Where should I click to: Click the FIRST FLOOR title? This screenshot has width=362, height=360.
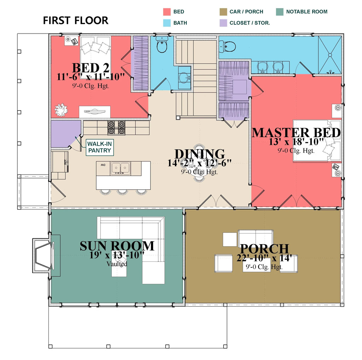[x=75, y=20]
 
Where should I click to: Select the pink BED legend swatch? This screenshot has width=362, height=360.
[x=167, y=12]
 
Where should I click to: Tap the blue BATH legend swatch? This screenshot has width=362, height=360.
[x=167, y=23]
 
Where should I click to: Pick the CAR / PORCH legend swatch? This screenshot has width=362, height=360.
[x=223, y=12]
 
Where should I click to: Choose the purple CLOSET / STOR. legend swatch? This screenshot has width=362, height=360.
[x=223, y=23]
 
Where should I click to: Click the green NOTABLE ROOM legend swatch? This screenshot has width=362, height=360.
[x=280, y=12]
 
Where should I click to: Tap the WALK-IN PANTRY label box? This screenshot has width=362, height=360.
[x=100, y=147]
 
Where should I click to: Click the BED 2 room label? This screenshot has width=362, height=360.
[x=90, y=67]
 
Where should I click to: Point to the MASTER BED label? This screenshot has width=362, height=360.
[x=296, y=133]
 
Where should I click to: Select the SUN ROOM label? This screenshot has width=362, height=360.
[x=117, y=246]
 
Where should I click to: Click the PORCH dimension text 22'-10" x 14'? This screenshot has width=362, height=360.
[x=264, y=258]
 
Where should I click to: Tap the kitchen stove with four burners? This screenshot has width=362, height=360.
[x=116, y=128]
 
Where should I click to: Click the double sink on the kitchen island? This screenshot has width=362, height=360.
[x=121, y=168]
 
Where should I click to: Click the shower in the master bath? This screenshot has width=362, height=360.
[x=330, y=55]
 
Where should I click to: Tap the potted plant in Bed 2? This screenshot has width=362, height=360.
[x=61, y=110]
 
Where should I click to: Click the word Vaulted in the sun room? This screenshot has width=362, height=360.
[x=117, y=264]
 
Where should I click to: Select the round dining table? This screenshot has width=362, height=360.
[x=199, y=163]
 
